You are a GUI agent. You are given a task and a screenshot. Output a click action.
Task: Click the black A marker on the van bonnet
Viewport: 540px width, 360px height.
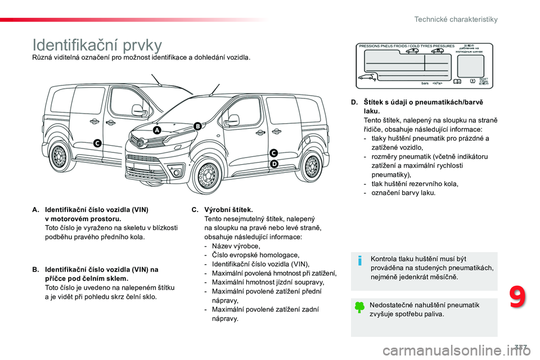156,130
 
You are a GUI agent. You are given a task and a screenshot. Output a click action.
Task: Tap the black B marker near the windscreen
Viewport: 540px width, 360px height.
197,126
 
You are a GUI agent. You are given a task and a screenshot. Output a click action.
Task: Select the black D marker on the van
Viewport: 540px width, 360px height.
274,164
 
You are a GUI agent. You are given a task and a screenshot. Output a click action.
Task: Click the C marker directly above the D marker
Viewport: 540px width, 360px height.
274,153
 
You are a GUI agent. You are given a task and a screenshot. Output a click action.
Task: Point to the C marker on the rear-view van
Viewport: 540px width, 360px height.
97,144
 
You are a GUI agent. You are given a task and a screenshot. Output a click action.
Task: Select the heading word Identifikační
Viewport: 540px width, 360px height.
73,45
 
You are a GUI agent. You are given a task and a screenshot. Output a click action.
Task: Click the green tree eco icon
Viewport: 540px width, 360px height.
360,308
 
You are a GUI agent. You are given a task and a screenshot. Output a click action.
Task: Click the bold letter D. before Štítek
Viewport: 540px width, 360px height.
353,102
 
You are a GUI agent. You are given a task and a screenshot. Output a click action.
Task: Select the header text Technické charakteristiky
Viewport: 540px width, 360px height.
456,19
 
